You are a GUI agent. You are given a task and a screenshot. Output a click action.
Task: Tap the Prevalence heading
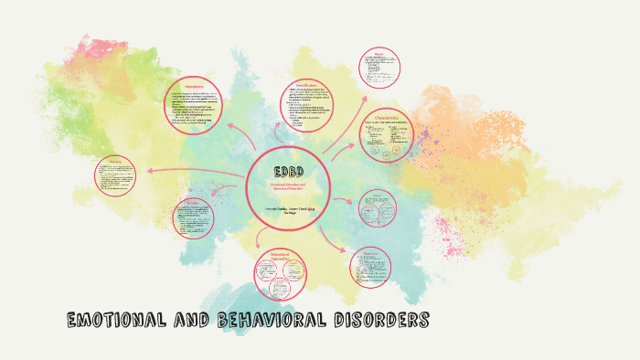click(x=193, y=87)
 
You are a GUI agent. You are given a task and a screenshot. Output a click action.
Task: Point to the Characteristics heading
click(x=385, y=117)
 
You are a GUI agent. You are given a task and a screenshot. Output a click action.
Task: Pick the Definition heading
click(x=193, y=202)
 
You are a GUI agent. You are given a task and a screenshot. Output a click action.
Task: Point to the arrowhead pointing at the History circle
click(x=147, y=171)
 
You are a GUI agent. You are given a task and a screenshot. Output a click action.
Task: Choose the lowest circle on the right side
click(x=371, y=267)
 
